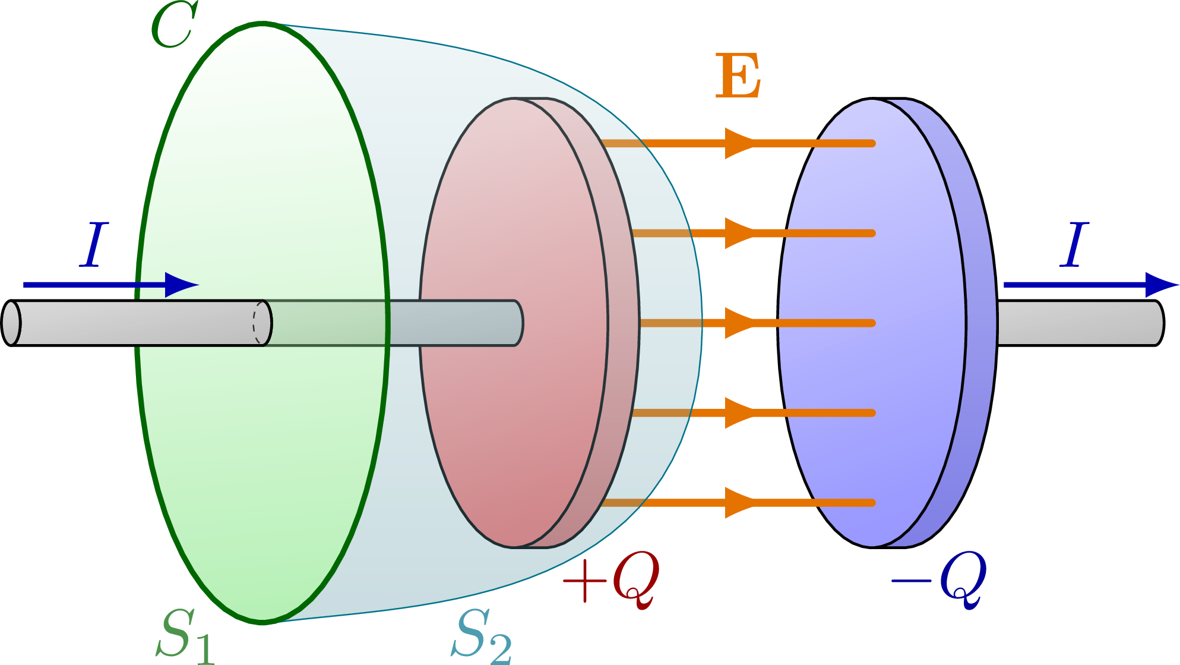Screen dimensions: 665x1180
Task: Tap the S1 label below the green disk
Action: click(185, 636)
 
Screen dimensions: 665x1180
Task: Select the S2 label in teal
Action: click(481, 636)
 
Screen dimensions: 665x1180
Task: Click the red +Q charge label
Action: click(612, 578)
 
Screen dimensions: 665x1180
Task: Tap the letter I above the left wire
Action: click(94, 244)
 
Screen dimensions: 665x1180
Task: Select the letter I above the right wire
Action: click(1074, 244)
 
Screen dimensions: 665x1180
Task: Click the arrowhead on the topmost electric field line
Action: click(738, 143)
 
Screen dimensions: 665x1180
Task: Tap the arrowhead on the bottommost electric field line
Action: click(738, 503)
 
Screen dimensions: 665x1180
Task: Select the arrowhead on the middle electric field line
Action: click(738, 323)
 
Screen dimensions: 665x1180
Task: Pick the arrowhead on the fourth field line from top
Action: click(738, 413)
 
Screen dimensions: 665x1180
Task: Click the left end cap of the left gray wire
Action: click(11, 323)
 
